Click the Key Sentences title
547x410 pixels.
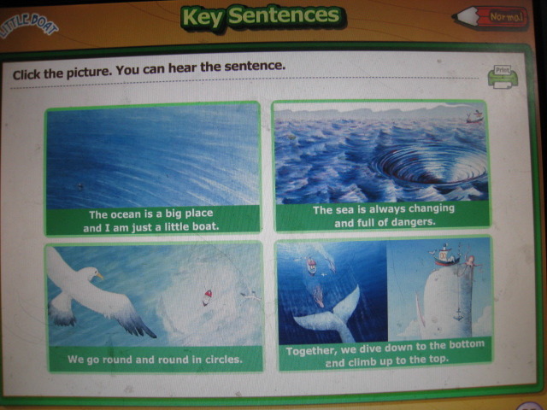262,17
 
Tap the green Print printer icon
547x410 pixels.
503,77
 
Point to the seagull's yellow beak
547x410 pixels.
99,276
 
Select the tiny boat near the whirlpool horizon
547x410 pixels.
475,117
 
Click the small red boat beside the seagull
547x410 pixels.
207,297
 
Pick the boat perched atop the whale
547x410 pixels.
443,255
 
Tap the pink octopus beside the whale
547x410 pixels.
471,262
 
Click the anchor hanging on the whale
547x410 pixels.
458,314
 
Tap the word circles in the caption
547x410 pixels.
223,359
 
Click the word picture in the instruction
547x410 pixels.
88,73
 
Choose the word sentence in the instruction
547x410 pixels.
255,66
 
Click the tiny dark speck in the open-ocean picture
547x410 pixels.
80,186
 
